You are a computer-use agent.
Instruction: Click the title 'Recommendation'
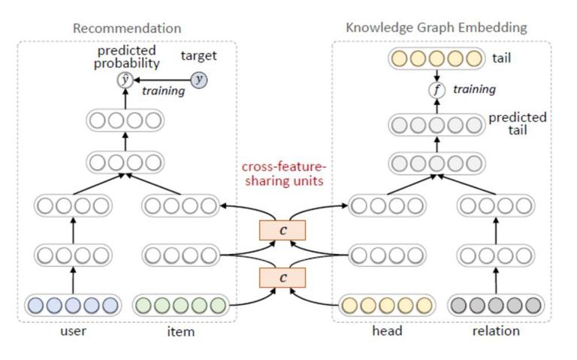[127, 29]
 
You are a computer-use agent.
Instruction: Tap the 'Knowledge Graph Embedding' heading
[437, 28]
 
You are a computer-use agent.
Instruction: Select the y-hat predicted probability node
[125, 80]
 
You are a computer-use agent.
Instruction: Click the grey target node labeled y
[198, 80]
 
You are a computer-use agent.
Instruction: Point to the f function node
[437, 90]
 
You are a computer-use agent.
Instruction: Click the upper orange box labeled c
[282, 231]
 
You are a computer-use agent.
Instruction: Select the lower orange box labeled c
[282, 277]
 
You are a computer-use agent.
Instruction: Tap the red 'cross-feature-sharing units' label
[284, 174]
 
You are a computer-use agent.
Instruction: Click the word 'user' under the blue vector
[73, 331]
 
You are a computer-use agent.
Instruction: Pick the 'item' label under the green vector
[180, 331]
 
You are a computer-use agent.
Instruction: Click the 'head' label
[387, 331]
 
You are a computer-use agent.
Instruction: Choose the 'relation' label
[496, 331]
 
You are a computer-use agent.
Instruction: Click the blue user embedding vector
[73, 305]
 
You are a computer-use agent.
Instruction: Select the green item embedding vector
[180, 305]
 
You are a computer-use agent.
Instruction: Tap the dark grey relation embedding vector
[496, 305]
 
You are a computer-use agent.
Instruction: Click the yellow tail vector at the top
[437, 58]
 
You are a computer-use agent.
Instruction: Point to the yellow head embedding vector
[387, 305]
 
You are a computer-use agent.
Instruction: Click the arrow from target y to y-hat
[162, 80]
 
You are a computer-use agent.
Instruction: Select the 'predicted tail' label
[518, 124]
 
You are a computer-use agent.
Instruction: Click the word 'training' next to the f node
[474, 89]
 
